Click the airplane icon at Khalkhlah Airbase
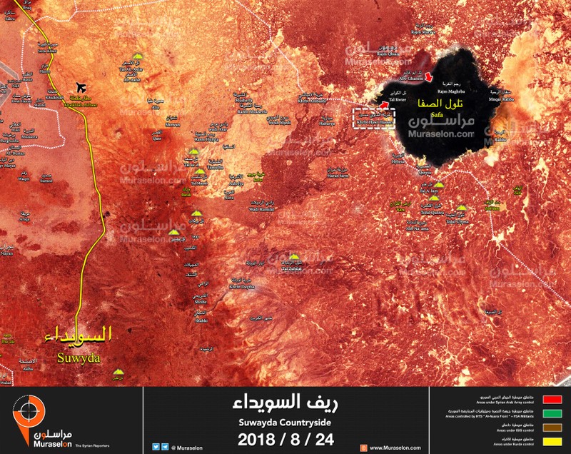coord(79,88)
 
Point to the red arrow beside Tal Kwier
coord(385,106)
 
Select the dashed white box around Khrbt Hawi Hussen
coord(374,118)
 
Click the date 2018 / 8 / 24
coord(285,437)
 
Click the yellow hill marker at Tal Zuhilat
coord(295,256)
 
